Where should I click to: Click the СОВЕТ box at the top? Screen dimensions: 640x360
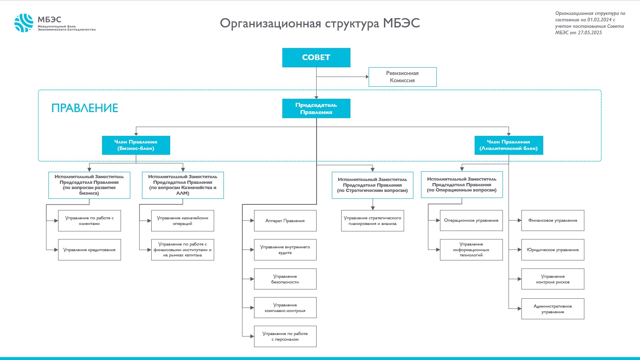[316, 57]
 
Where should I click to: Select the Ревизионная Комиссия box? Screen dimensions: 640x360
[402, 77]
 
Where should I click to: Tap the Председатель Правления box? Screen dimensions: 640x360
[316, 108]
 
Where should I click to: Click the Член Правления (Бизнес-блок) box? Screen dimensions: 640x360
[136, 145]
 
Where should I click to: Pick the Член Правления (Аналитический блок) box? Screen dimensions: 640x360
[509, 145]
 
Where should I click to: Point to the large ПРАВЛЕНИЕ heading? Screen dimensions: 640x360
[85, 108]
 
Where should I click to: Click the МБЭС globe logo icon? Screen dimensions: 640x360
[24, 23]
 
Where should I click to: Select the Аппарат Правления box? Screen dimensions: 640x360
[285, 221]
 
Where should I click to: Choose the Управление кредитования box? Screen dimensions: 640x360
[90, 250]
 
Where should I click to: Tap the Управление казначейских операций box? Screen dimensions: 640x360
[183, 221]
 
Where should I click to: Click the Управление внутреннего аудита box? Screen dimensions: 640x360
[285, 250]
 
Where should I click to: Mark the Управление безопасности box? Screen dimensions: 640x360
[285, 279]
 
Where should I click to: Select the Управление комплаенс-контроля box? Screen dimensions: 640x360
[285, 308]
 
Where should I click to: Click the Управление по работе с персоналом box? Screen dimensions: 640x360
[285, 336]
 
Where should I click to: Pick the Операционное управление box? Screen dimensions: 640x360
[471, 220]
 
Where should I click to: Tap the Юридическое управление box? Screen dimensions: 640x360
[552, 250]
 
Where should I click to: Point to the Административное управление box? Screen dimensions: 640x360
[552, 309]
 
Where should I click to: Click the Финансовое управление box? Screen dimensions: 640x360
[552, 220]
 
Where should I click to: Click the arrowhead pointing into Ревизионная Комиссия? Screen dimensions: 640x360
[367, 77]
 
